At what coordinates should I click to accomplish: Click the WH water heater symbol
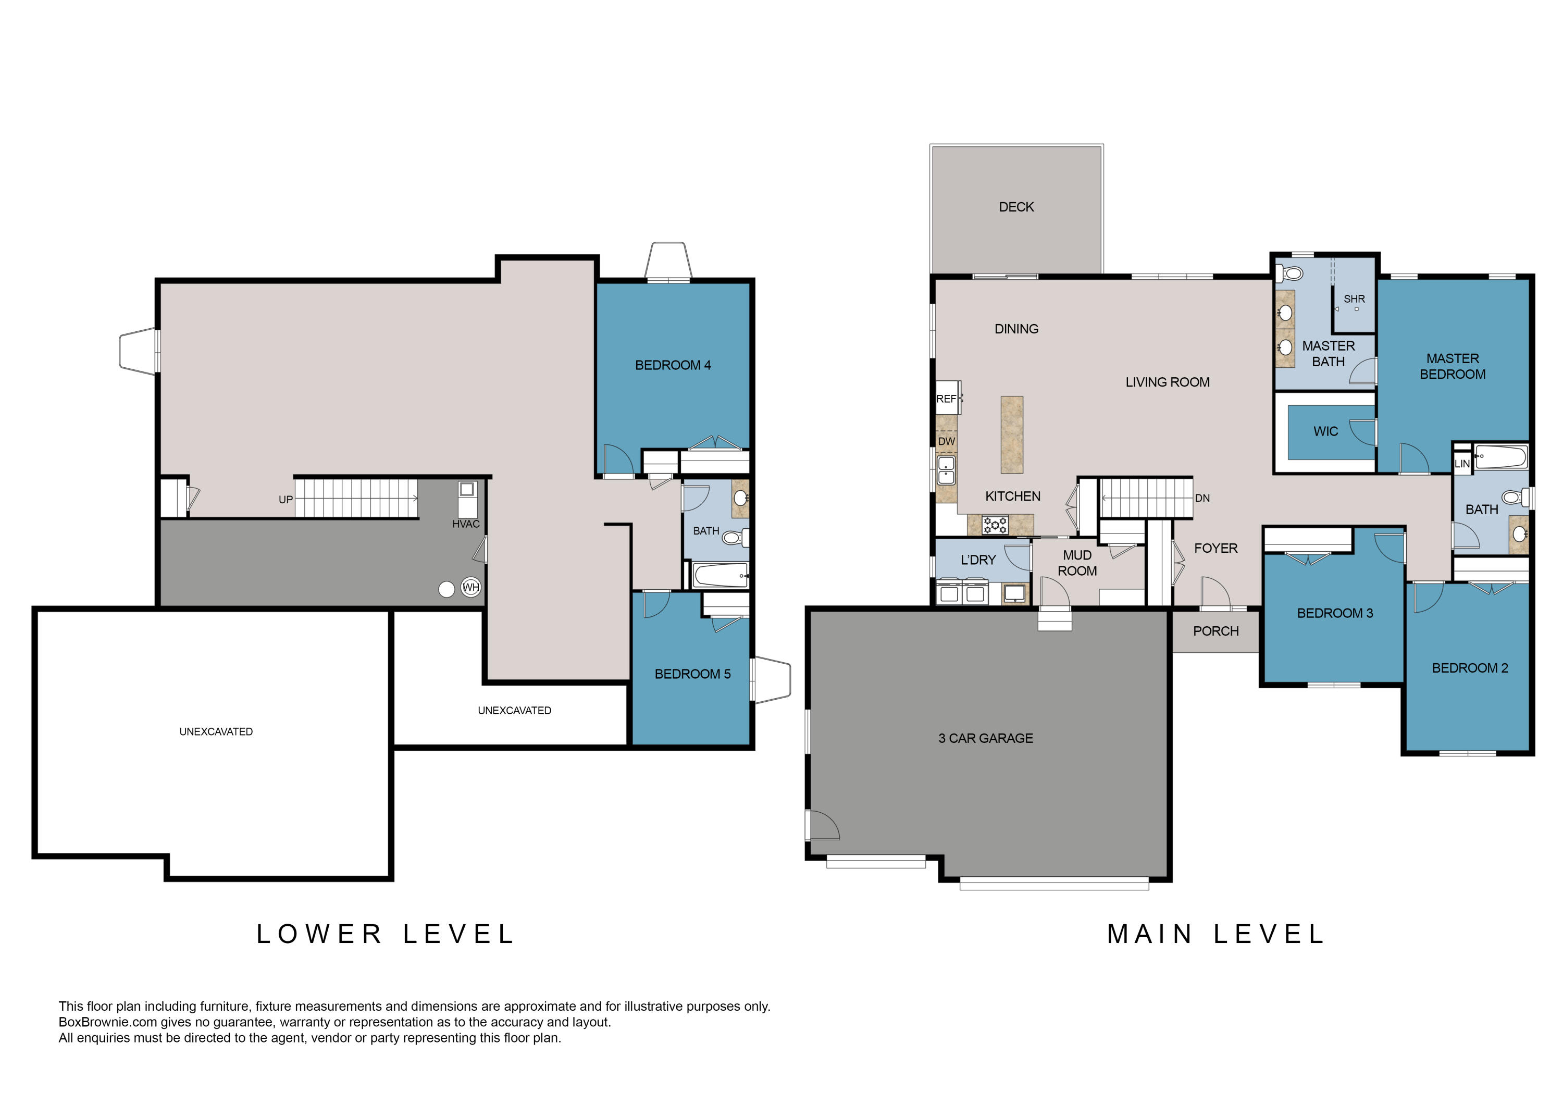(x=471, y=587)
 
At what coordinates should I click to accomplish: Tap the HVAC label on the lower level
(x=466, y=524)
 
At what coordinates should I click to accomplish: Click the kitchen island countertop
(x=1012, y=435)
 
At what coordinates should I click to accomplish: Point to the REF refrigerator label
(x=946, y=399)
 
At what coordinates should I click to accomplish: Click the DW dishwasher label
(x=946, y=441)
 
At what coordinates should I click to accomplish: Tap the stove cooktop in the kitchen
(x=995, y=525)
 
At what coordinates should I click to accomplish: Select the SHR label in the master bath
(x=1354, y=299)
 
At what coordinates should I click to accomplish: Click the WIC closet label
(x=1325, y=432)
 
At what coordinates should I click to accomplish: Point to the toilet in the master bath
(x=1290, y=273)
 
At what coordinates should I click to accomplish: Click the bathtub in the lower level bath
(x=720, y=575)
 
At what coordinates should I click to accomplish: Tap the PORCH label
(x=1216, y=631)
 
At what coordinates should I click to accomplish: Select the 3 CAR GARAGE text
(x=985, y=738)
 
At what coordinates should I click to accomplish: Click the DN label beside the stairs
(x=1202, y=499)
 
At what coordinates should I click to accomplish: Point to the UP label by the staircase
(x=285, y=500)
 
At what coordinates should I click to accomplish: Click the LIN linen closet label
(x=1461, y=464)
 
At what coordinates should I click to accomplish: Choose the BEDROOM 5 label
(x=692, y=674)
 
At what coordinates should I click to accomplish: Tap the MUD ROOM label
(x=1077, y=563)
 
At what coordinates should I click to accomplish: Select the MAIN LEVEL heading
(x=1216, y=934)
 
